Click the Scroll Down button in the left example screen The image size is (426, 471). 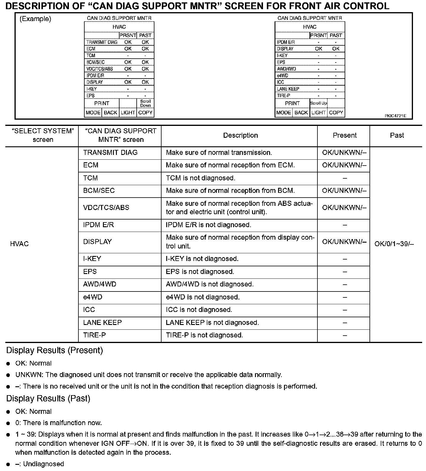tap(145, 103)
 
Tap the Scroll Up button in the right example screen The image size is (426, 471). tap(318, 103)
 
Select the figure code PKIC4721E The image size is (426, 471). tap(395, 116)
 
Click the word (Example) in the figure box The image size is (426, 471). tap(35, 19)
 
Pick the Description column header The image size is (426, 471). tap(240, 135)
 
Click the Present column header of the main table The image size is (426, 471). tap(345, 135)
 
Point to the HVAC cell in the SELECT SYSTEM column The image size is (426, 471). tap(20, 244)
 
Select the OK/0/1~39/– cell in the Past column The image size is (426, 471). tap(394, 244)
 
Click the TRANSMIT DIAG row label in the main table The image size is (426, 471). tap(110, 153)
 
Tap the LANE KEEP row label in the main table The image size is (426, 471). tap(102, 322)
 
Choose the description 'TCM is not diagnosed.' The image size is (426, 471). tap(200, 178)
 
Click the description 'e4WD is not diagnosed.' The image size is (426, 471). tap(203, 297)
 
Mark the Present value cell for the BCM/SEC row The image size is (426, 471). tap(344, 190)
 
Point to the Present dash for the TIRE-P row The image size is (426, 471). tap(345, 335)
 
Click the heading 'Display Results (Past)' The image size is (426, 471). tap(48, 398)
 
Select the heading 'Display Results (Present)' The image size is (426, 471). tap(54, 350)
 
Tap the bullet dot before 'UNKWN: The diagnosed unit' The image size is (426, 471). tap(8, 375)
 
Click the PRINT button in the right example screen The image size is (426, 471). tap(292, 103)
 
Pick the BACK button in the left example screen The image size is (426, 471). tap(110, 113)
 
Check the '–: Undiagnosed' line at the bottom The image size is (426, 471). tap(40, 464)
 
